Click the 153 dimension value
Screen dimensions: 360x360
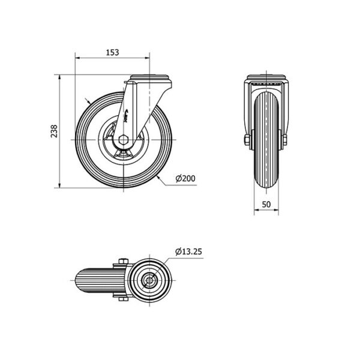coord(113,52)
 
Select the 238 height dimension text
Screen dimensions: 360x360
coord(54,131)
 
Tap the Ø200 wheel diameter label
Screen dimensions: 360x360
coord(185,178)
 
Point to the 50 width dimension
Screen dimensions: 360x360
coord(266,204)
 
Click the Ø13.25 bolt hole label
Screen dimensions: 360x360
coord(188,251)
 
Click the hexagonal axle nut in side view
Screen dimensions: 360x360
coord(124,140)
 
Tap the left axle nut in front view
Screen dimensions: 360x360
coord(247,140)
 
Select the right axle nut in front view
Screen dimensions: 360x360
coord(284,140)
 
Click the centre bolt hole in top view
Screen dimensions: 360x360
coord(149,280)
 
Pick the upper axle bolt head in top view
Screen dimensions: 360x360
coord(124,261)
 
